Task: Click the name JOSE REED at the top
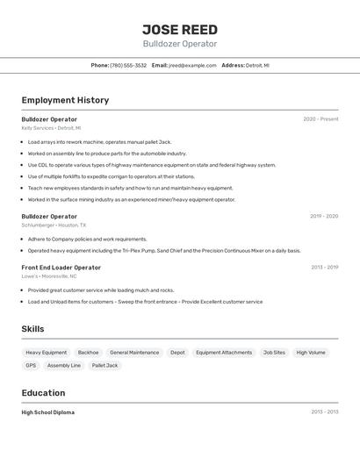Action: tap(180, 29)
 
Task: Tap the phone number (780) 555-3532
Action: tap(128, 65)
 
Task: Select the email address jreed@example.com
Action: tap(191, 65)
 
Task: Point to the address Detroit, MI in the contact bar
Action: tap(257, 65)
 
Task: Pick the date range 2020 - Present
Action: tap(320, 119)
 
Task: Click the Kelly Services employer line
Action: tap(51, 128)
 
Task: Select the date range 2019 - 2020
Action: tap(324, 216)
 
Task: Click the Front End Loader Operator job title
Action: tap(61, 268)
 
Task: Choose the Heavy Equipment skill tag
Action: tap(47, 353)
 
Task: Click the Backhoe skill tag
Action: tap(88, 353)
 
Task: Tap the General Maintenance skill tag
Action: tap(134, 353)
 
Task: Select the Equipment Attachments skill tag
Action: tap(224, 353)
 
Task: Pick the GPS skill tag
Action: tap(31, 366)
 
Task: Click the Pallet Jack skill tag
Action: tap(104, 366)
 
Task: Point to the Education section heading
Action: tap(44, 393)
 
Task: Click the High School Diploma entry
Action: tap(48, 412)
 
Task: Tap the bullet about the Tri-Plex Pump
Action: tap(164, 251)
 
